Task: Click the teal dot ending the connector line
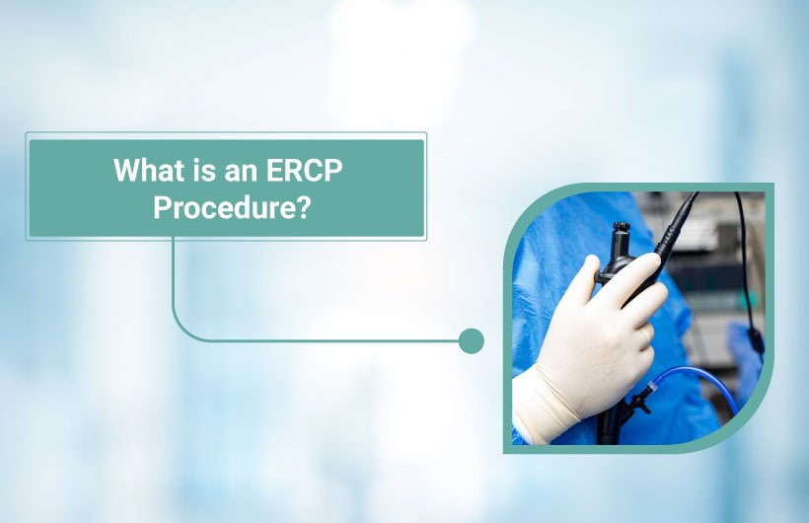coord(472,341)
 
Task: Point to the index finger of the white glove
coord(641,272)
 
